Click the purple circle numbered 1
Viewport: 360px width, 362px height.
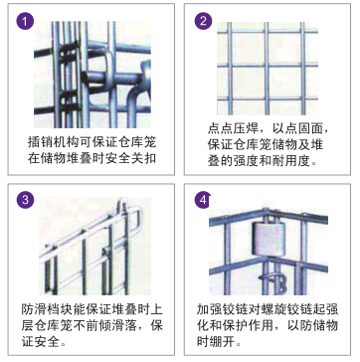[x=25, y=21]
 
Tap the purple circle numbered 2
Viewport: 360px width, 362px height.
[x=203, y=21]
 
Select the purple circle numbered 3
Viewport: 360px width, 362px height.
[x=25, y=200]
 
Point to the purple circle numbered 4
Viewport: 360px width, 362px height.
[x=203, y=200]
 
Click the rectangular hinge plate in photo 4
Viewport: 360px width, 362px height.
[x=268, y=238]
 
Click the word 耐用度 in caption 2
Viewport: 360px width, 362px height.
[x=291, y=161]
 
